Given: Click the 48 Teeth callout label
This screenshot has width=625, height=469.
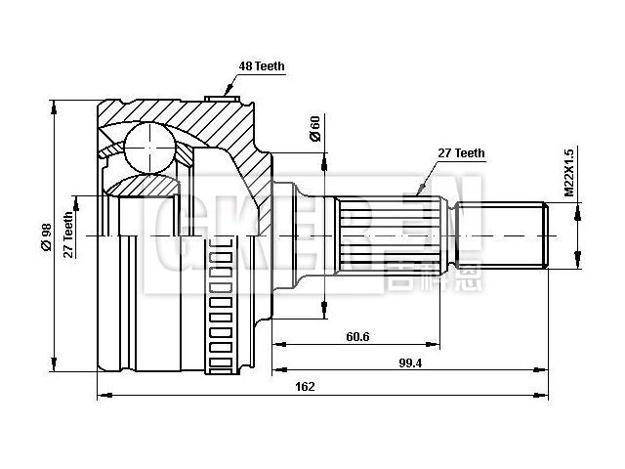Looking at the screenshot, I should pyautogui.click(x=261, y=66).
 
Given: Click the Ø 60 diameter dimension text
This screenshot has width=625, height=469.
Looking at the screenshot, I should pyautogui.click(x=314, y=129).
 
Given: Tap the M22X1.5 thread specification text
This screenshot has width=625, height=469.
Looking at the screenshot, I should pyautogui.click(x=569, y=172).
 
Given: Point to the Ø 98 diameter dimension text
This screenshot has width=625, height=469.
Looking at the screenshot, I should pyautogui.click(x=46, y=235).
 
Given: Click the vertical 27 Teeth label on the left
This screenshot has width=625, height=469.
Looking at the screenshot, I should pyautogui.click(x=68, y=234).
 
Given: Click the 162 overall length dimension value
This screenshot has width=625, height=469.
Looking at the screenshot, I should pyautogui.click(x=305, y=387).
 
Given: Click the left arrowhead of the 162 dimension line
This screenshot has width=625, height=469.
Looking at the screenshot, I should pyautogui.click(x=103, y=396).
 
